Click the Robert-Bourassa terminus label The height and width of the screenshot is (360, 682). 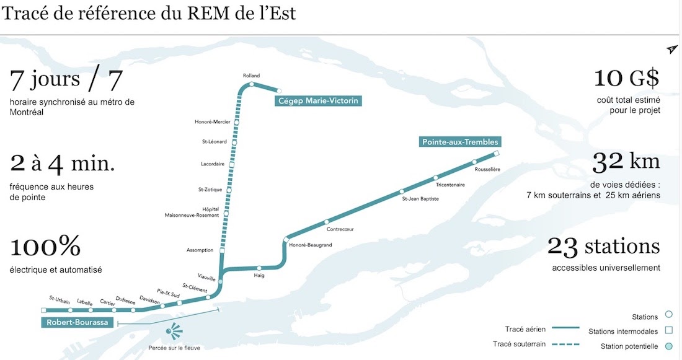coord(77,322)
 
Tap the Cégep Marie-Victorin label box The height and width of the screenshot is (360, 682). coord(318,100)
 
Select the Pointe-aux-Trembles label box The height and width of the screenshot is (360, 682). coord(460,142)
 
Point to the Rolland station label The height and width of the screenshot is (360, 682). coord(251,76)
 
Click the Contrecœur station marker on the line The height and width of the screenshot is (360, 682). coord(326,222)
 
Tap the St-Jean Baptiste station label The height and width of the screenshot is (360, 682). coord(420,199)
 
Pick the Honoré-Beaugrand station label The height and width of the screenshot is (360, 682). coord(311,245)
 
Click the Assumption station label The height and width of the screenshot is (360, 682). coord(200,250)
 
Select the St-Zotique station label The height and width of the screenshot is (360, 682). coord(210,189)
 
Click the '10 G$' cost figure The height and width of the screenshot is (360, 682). coord(626,79)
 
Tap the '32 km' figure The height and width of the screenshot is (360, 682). coord(626,162)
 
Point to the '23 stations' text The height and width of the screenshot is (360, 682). coord(603,247)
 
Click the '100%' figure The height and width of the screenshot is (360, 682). coord(45,247)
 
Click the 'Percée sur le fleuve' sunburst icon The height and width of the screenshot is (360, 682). coord(174,331)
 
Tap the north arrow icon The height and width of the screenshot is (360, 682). coord(672,50)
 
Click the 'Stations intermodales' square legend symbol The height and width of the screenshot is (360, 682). coord(668,331)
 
